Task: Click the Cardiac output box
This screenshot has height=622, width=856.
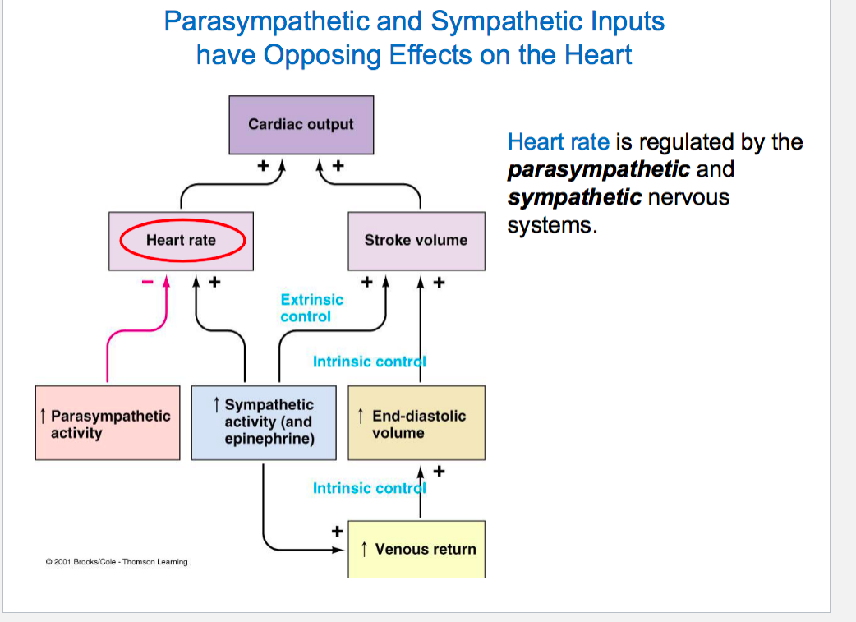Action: [x=301, y=125]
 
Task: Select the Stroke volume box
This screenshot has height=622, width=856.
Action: [x=416, y=241]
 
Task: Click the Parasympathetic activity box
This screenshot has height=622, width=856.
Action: [x=108, y=423]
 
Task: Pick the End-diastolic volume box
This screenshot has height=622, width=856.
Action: [x=416, y=423]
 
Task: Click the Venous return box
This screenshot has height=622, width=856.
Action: [x=416, y=549]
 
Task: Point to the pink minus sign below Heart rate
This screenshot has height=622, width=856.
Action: [x=148, y=282]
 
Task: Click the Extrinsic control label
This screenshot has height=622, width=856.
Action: [x=311, y=308]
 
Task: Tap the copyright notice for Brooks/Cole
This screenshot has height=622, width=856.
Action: [x=117, y=562]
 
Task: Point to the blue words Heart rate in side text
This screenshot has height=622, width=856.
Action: [x=558, y=142]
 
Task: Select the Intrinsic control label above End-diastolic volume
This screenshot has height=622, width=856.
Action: [x=369, y=362]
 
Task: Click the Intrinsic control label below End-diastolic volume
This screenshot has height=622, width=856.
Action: [x=369, y=488]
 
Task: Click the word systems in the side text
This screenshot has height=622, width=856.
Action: [x=550, y=226]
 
